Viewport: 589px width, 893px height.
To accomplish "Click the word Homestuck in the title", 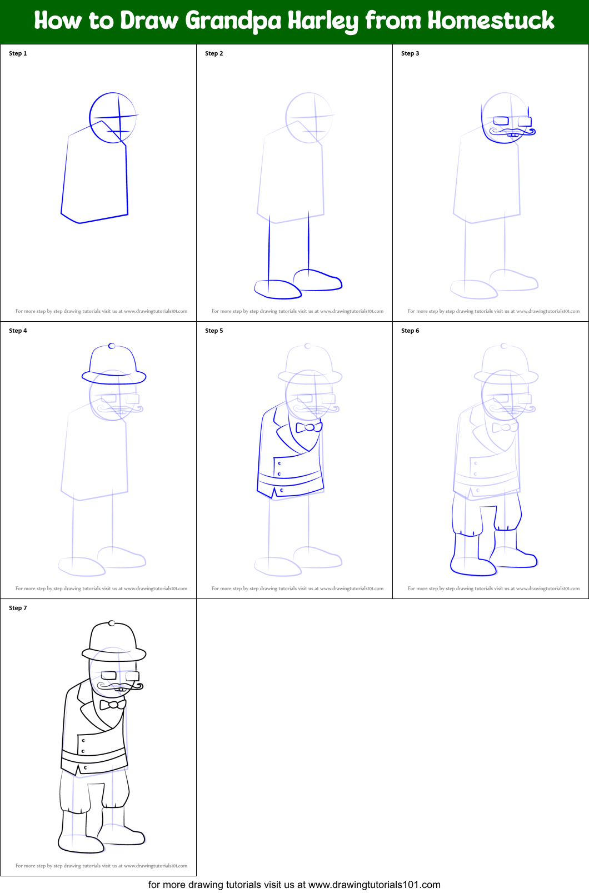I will (x=491, y=21).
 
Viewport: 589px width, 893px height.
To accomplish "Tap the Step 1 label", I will (x=18, y=53).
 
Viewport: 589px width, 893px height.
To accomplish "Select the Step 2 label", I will (x=214, y=53).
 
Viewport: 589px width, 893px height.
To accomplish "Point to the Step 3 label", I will (x=410, y=53).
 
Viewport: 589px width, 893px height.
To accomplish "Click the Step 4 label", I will (x=18, y=331).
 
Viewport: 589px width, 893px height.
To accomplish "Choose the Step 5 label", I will (x=214, y=331).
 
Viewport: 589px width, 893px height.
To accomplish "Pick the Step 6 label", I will (x=410, y=331).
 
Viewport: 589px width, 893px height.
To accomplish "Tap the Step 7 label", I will (x=18, y=608).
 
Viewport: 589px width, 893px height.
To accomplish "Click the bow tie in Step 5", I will (x=309, y=427).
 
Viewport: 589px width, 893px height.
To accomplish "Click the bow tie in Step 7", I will (x=113, y=705).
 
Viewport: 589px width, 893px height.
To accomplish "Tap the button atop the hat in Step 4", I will (x=112, y=346).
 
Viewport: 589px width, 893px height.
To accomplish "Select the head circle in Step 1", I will (x=112, y=118).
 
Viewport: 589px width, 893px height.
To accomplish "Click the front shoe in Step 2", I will (x=277, y=289).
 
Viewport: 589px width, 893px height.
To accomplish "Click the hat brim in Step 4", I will (x=114, y=377).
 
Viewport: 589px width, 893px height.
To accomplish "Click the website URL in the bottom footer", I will (x=374, y=885).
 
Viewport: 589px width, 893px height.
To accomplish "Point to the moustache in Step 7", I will (x=120, y=687).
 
